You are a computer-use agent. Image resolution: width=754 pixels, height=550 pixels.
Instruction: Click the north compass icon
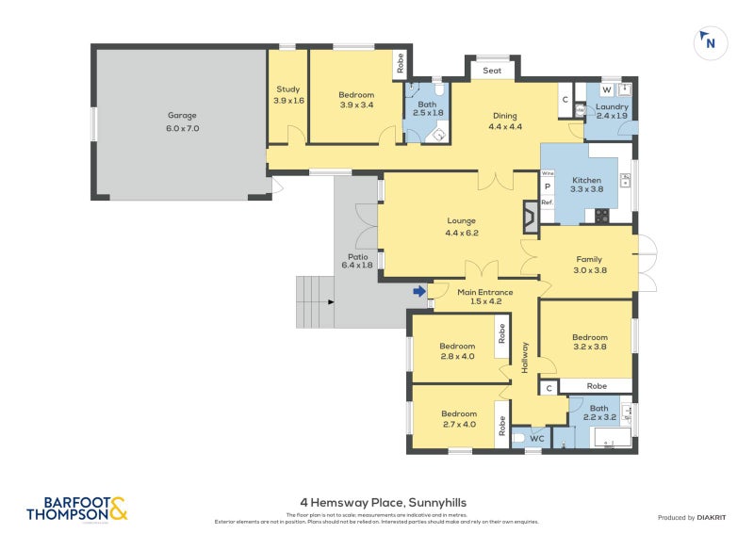[710, 42]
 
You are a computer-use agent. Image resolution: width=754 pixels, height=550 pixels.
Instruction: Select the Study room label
[288, 94]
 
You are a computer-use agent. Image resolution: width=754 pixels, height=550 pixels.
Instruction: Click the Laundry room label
[612, 112]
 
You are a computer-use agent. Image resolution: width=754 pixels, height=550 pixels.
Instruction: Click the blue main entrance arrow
[418, 292]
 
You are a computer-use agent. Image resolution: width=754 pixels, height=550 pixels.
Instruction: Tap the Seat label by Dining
[492, 71]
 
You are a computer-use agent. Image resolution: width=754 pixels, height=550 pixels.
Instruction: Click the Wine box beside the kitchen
[548, 174]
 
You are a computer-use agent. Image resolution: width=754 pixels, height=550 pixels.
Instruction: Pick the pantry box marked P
[548, 187]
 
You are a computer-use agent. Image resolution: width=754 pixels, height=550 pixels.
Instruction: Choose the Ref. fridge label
[548, 202]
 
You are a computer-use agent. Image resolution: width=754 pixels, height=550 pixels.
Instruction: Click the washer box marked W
[606, 89]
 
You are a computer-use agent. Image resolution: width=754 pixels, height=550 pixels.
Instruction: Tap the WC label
[537, 439]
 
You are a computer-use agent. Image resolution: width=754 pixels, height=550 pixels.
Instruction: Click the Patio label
[356, 261]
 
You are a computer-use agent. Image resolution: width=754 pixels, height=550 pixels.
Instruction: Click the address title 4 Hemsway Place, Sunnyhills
[377, 503]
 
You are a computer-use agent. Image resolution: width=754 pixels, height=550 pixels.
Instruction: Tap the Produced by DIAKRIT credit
[696, 517]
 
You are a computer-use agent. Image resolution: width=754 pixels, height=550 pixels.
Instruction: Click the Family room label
[588, 265]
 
